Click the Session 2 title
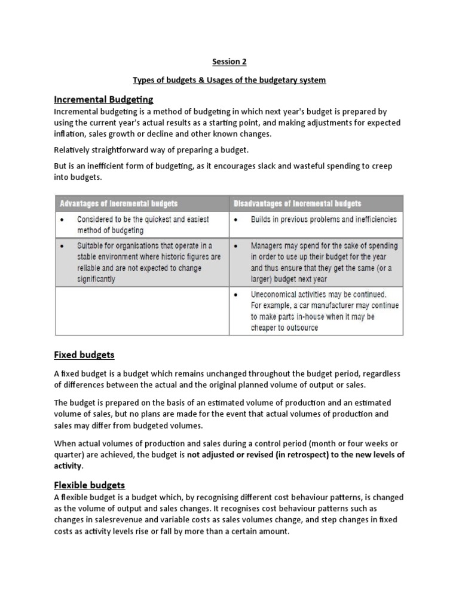229,62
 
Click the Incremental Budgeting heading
103,99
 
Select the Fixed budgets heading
84,354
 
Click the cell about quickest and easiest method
142,225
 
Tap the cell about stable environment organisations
142,262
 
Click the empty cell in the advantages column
142,311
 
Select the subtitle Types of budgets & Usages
229,80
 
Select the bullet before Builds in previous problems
237,220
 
